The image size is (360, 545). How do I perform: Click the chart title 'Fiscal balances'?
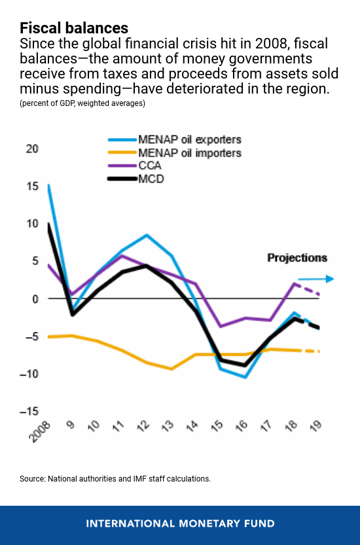tap(74, 28)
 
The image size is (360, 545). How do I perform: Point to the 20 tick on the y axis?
tap(33, 149)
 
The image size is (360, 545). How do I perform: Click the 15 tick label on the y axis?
tap(33, 186)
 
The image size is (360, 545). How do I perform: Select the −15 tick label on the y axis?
tap(30, 412)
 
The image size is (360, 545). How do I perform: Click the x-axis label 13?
tap(170, 426)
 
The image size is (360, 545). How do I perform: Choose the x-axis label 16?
tap(242, 426)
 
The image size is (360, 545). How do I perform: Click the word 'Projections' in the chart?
tap(297, 258)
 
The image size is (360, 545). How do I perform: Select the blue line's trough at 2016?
tap(244, 377)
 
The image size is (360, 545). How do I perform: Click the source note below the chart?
tap(115, 479)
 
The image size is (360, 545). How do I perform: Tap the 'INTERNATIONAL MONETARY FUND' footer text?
tap(180, 523)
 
